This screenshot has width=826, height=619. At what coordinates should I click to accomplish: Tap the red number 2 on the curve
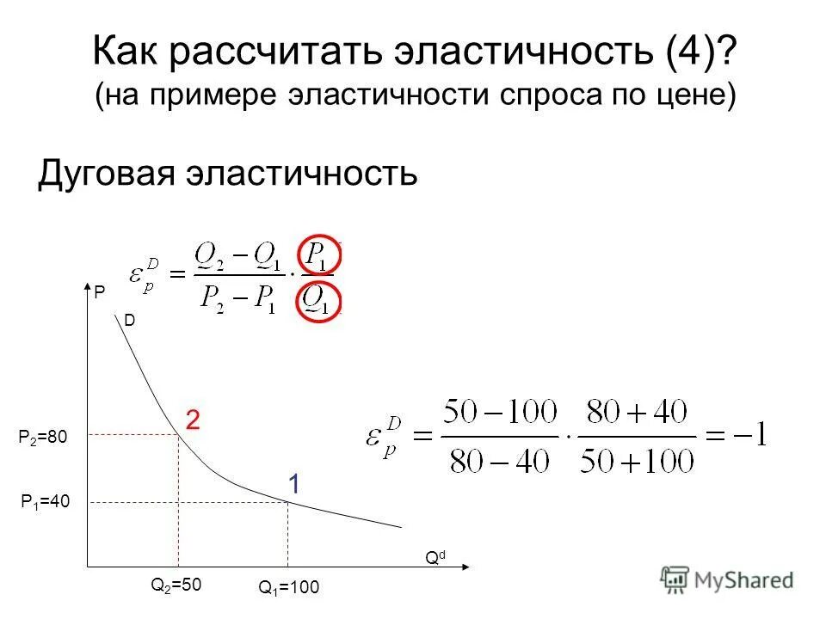click(194, 420)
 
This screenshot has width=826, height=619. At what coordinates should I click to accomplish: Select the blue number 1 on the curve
click(293, 485)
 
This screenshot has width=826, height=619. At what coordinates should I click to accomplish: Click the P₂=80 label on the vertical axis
click(42, 438)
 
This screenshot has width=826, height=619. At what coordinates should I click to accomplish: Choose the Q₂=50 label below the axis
click(176, 585)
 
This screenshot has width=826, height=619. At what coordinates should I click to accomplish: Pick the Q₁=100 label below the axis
click(288, 588)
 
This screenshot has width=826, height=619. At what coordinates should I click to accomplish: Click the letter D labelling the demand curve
click(129, 320)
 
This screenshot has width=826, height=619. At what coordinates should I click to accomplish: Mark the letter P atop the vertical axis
click(99, 293)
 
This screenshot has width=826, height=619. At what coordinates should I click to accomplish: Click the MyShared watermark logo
click(726, 579)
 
